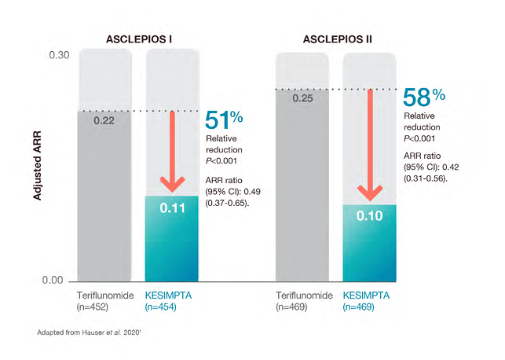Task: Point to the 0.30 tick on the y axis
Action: click(x=60, y=56)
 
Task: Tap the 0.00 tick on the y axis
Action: click(x=60, y=281)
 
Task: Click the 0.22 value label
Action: click(x=104, y=121)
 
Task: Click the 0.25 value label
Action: click(x=303, y=99)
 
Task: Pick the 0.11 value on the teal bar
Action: click(x=172, y=209)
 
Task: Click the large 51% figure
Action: click(x=224, y=120)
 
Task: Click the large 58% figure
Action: click(x=423, y=97)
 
